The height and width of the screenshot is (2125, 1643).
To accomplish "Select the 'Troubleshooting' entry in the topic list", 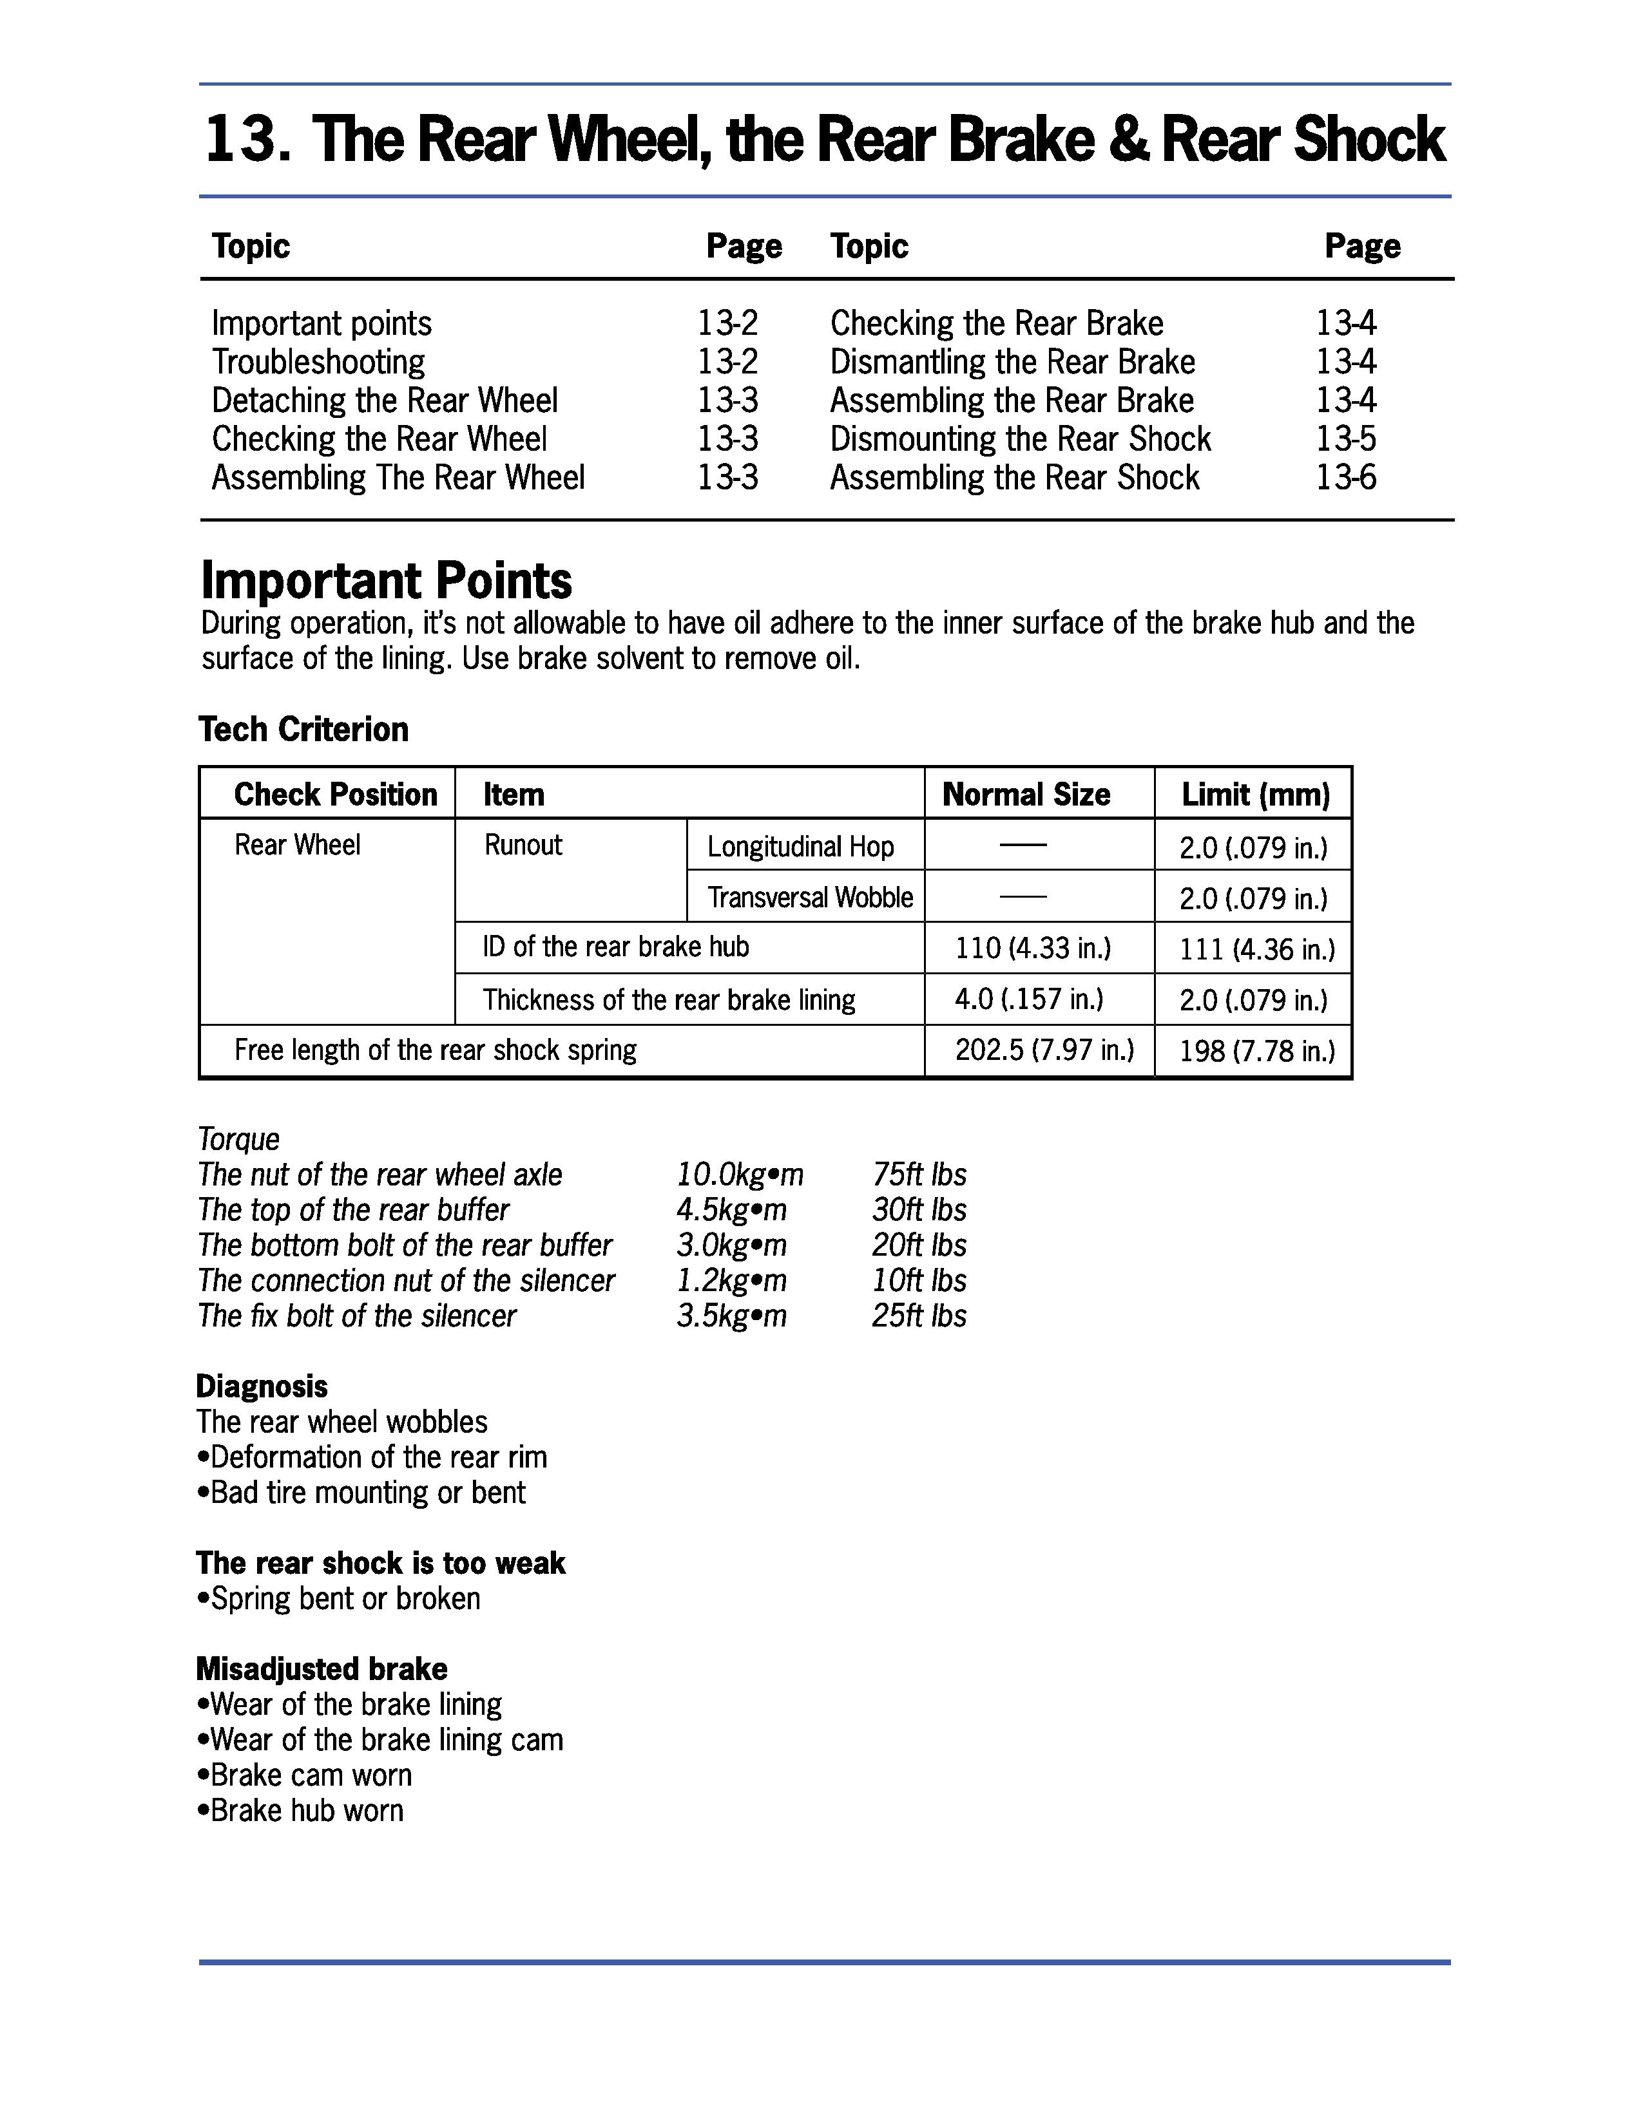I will point(318,362).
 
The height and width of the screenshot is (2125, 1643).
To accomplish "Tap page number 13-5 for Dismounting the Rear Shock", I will point(1346,439).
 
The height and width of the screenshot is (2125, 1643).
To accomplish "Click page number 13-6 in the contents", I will point(1346,478).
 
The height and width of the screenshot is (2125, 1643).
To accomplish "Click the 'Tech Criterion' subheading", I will point(303,729).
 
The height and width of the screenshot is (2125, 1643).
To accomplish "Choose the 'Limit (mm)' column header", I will point(1254,794).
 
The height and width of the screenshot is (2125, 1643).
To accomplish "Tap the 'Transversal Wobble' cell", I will point(810,897).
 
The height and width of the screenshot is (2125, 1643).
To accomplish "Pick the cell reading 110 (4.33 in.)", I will point(1033,948).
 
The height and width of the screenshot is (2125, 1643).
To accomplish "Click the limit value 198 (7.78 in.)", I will point(1256,1051).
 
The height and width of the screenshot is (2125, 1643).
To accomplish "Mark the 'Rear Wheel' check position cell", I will point(297,845).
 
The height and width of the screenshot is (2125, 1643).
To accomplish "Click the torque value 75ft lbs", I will point(919,1175).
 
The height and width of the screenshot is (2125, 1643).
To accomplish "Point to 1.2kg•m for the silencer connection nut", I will point(731,1280).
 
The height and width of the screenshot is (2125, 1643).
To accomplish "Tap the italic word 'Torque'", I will point(238,1138).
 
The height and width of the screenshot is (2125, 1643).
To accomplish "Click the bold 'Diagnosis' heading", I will point(262,1386).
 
